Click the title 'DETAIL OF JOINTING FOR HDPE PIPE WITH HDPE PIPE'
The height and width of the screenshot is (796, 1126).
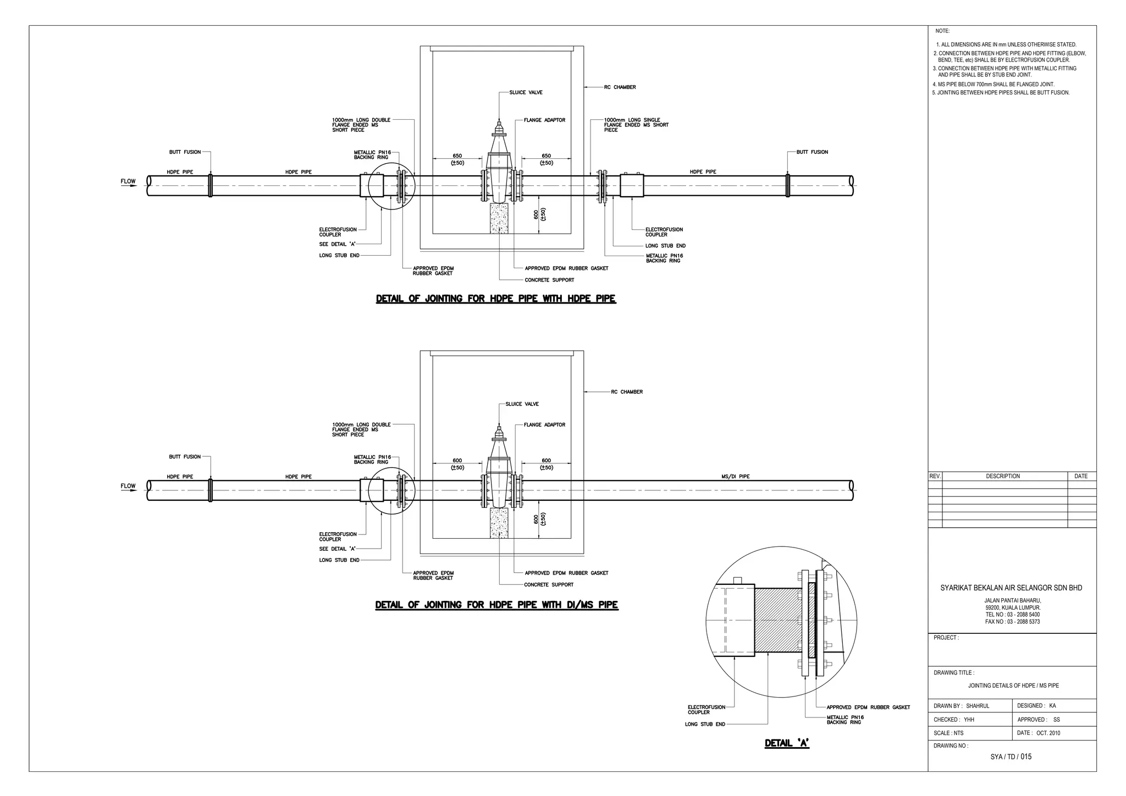pos(495,299)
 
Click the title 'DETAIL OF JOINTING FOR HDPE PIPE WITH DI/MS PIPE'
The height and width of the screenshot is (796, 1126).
pos(496,605)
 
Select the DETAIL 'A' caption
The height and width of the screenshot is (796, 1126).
pos(787,743)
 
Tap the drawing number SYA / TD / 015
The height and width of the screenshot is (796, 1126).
pos(1011,756)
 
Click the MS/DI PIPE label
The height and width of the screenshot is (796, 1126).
pos(735,477)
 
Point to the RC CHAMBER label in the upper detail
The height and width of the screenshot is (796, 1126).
pos(620,87)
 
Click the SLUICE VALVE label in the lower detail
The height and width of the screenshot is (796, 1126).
pos(522,404)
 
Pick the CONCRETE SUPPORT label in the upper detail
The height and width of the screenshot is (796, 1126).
pos(549,280)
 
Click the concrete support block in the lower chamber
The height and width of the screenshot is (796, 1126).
pos(499,522)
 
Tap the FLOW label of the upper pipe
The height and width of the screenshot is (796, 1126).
pos(128,181)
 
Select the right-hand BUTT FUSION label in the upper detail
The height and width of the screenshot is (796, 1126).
pos(812,152)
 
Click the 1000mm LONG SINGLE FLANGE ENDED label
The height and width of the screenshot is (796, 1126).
pos(636,125)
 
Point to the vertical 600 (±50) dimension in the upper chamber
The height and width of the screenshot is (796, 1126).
pos(539,214)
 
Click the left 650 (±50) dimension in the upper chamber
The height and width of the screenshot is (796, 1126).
pos(457,159)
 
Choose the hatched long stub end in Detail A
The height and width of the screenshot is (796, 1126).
pos(776,620)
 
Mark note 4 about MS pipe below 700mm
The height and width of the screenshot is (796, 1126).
pos(993,84)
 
